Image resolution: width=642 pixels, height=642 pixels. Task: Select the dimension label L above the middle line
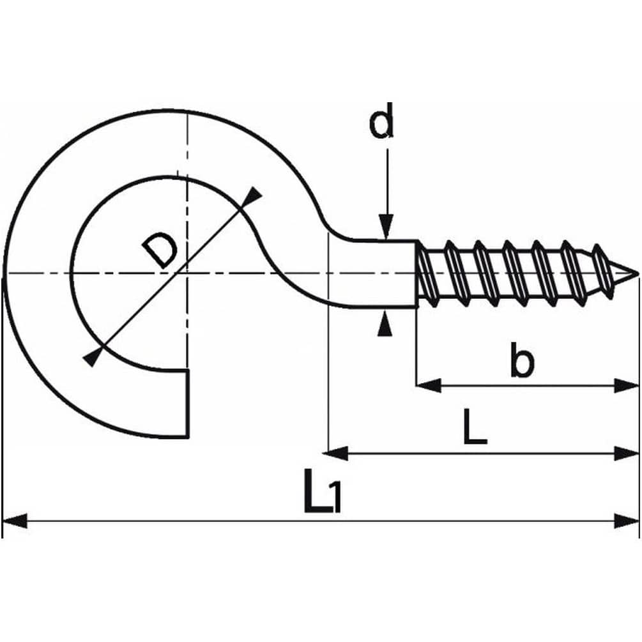coord(474,429)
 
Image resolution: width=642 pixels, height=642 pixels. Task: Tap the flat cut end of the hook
coord(188,403)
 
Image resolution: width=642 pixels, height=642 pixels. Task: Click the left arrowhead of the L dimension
coord(337,454)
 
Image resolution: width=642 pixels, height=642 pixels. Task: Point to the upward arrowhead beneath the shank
coord(384,325)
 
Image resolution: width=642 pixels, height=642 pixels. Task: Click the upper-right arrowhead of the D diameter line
coord(253,197)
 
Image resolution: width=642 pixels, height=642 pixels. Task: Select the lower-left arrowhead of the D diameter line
coord(93,358)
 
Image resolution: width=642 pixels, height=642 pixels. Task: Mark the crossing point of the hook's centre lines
coord(187,274)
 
